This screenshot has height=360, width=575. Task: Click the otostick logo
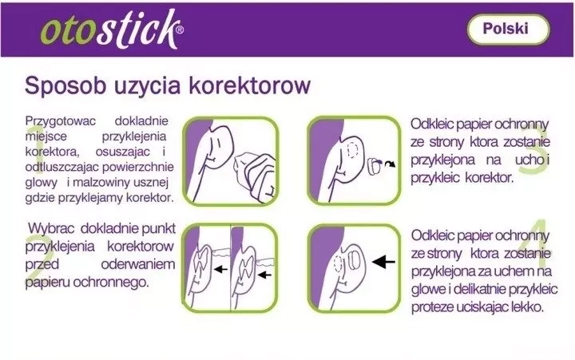click(x=112, y=30)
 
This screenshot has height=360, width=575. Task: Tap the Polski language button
click(x=508, y=29)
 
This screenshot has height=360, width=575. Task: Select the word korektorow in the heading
click(x=250, y=85)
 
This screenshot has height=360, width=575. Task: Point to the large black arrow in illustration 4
click(x=383, y=262)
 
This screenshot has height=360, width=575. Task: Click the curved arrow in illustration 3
click(x=391, y=164)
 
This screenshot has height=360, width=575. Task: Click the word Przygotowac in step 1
click(x=61, y=121)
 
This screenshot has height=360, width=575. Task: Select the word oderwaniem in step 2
click(x=138, y=264)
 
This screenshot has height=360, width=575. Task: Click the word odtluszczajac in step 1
click(x=62, y=167)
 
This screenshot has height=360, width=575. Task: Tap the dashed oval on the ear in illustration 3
click(x=352, y=150)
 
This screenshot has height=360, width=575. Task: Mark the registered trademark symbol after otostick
click(x=180, y=30)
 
